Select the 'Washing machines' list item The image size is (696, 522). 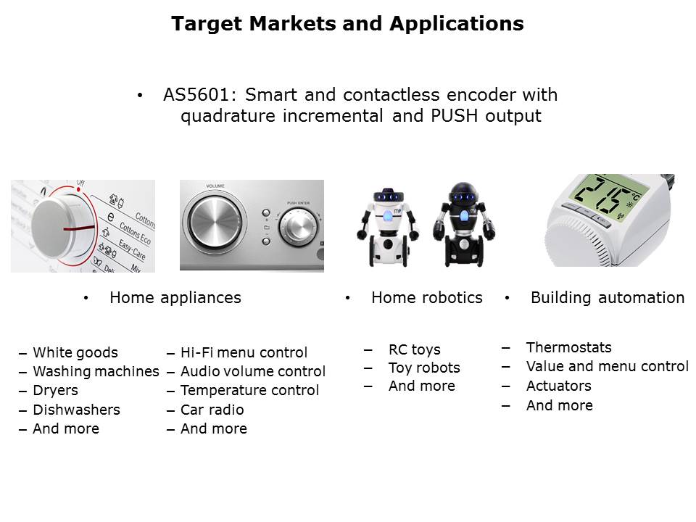[96, 371]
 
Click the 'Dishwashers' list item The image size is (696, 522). [76, 410]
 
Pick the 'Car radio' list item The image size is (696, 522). [212, 410]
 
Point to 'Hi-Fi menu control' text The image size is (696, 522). [244, 352]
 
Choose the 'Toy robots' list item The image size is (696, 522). [424, 368]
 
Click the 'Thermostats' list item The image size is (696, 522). [569, 347]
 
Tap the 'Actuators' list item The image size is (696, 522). [559, 386]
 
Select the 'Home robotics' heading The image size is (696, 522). [427, 297]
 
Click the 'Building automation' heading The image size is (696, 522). [608, 297]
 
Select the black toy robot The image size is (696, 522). [464, 224]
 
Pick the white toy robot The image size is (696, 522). [388, 227]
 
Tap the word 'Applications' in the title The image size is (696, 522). [457, 24]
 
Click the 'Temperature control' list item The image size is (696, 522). [249, 391]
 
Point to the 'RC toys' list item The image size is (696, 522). [415, 349]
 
